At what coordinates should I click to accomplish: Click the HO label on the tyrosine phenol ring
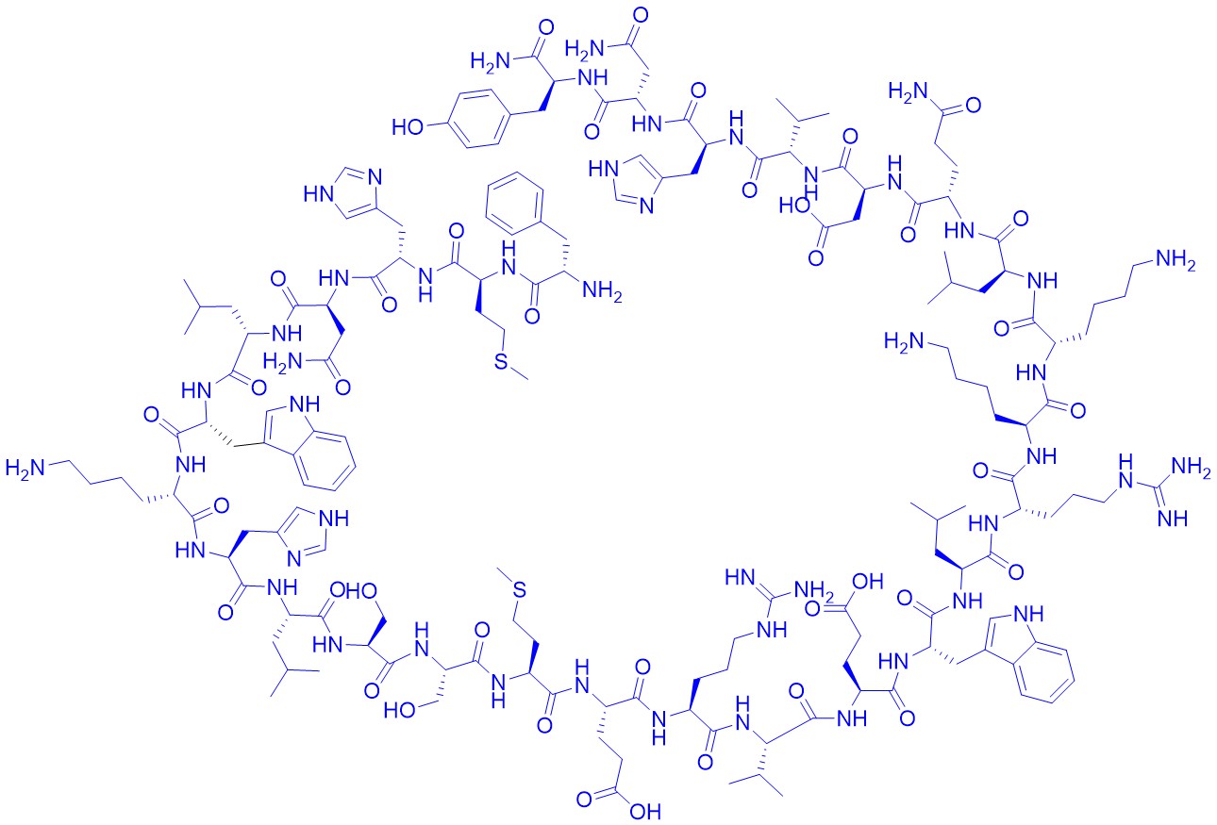coord(407,127)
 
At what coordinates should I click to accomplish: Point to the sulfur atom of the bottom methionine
coord(520,590)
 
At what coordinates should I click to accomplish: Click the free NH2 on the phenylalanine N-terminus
coord(602,291)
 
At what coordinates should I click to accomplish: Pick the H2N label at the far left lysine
coord(25,468)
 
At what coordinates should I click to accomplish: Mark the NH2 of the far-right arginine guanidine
coord(1191,467)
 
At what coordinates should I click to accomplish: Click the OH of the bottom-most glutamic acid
coord(645,812)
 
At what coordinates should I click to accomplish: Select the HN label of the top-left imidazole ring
coord(319,193)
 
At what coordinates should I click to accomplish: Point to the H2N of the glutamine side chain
coord(908,91)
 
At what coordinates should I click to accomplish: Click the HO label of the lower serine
coord(399,710)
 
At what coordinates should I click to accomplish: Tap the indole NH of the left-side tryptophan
coord(305,404)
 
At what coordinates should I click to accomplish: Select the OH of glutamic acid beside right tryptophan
coord(868,582)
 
